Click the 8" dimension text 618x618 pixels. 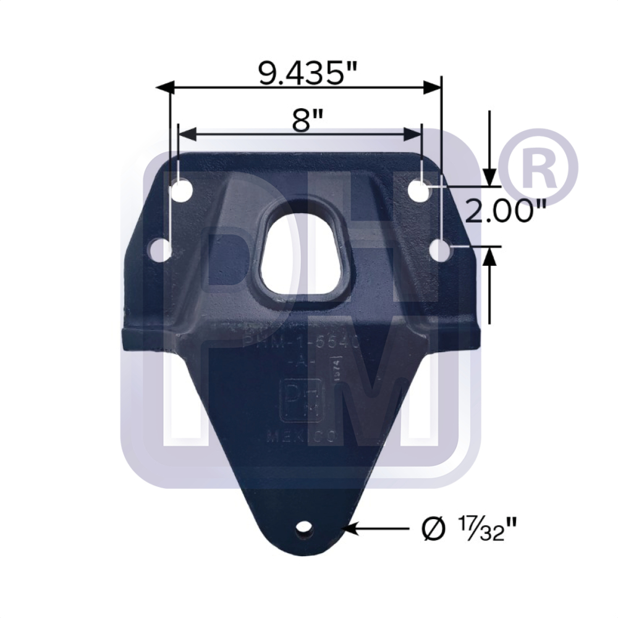[x=301, y=119]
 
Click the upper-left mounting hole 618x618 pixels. [x=182, y=190]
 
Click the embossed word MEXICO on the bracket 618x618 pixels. [x=301, y=436]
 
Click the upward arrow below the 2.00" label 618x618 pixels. [x=490, y=257]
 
